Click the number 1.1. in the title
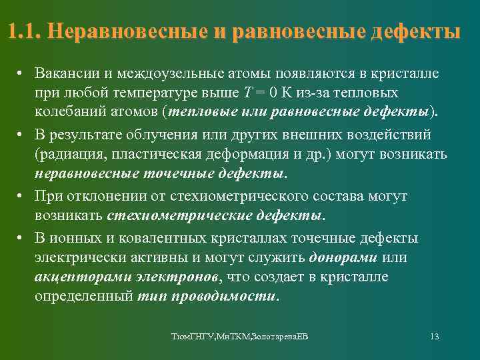tap(25, 32)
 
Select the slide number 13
tap(434, 337)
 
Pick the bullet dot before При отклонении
tap(21, 197)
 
